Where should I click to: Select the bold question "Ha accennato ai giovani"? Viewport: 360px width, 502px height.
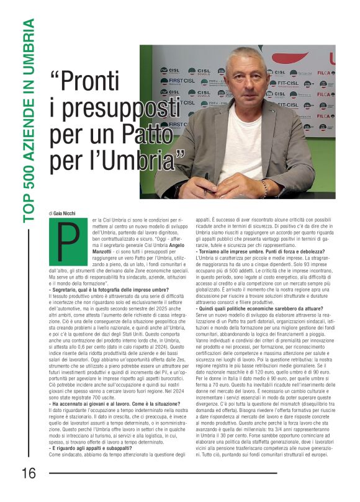(x=109, y=405)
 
